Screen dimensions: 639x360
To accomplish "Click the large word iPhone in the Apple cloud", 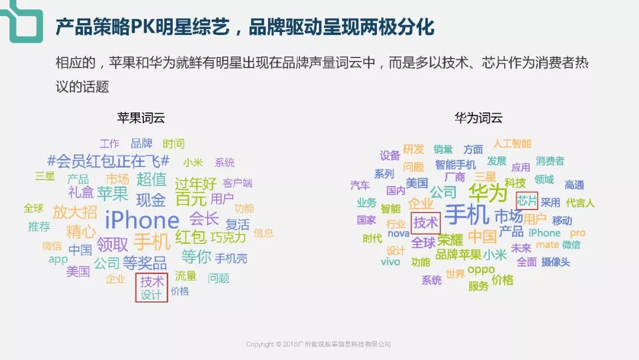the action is [x=142, y=220].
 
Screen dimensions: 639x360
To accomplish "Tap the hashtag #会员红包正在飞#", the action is [x=108, y=161].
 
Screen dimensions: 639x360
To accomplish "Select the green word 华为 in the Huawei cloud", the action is [x=488, y=192].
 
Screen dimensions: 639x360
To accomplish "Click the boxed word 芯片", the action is [x=527, y=201].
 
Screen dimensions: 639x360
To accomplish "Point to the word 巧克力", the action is [x=228, y=237].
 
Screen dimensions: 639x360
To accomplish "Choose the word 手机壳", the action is [x=231, y=258].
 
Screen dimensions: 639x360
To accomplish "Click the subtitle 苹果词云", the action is [x=141, y=118].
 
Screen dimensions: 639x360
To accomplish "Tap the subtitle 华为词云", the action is [x=479, y=118].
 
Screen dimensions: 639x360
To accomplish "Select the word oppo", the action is [x=481, y=270].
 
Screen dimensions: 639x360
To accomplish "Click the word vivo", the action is [x=390, y=262].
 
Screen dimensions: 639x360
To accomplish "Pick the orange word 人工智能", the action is [x=512, y=143].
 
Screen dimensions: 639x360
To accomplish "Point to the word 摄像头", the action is [x=556, y=262].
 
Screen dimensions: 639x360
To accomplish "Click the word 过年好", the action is [x=196, y=184].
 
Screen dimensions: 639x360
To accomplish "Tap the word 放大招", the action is [x=75, y=212].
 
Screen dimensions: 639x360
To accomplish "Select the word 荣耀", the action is [x=450, y=240].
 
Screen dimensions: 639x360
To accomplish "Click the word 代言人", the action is [x=580, y=202].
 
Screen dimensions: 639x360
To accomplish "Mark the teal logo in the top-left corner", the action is [x=22, y=21].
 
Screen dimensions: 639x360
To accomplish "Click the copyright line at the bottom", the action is [x=318, y=344].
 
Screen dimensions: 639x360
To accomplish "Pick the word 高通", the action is [x=574, y=185].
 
